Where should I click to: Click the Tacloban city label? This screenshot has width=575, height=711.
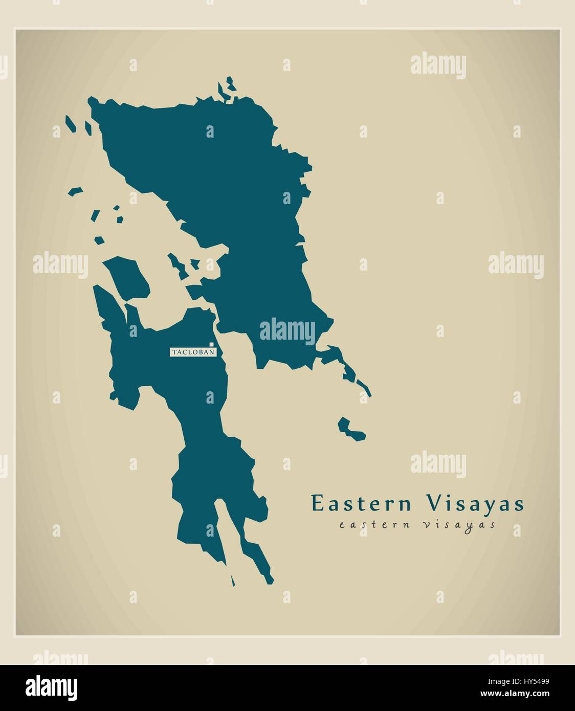pyautogui.click(x=193, y=352)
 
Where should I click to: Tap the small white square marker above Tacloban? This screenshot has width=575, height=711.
pyautogui.click(x=211, y=344)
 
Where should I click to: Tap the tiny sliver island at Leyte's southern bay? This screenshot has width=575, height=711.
pyautogui.click(x=233, y=581)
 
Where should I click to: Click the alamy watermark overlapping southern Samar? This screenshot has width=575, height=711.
pyautogui.click(x=287, y=331)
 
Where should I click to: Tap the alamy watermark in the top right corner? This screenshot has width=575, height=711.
pyautogui.click(x=438, y=66)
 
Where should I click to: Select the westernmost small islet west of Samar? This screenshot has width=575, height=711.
pyautogui.click(x=75, y=191)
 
